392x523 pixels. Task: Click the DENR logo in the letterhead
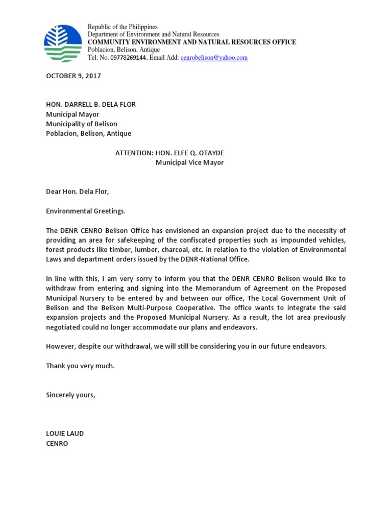[62, 43]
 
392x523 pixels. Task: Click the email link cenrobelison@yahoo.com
[214, 58]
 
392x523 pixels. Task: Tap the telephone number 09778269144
[125, 58]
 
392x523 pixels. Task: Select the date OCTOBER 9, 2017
[73, 76]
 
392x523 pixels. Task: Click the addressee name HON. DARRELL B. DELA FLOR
[91, 105]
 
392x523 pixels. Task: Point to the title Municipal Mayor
[72, 114]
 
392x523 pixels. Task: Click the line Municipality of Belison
[82, 124]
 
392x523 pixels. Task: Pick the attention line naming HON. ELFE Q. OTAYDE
[169, 153]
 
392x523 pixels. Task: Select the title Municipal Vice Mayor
[189, 163]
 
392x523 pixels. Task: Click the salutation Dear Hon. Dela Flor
[78, 192]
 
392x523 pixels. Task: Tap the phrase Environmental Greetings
[85, 211]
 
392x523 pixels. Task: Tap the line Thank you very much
[80, 366]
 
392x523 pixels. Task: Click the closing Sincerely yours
[70, 395]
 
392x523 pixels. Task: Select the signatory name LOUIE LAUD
[65, 434]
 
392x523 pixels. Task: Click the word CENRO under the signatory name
[57, 443]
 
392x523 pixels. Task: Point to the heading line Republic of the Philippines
[122, 27]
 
